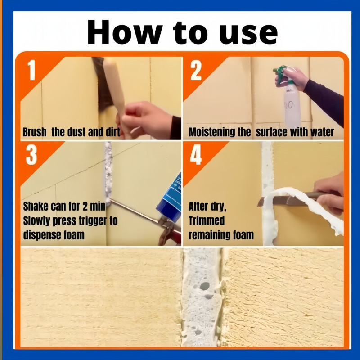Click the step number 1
31,70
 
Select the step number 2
196,70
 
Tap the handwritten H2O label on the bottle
288,105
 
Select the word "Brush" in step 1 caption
35,132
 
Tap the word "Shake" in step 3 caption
36,206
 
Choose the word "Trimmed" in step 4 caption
207,220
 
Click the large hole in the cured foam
205,286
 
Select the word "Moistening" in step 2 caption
220,132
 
